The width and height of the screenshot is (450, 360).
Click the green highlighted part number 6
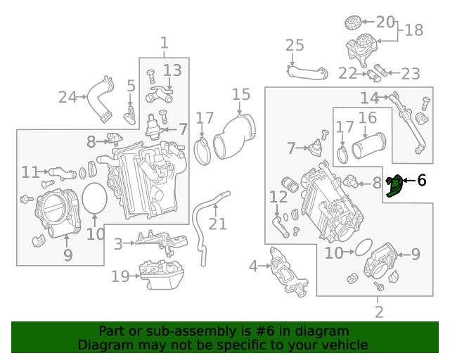click(x=396, y=186)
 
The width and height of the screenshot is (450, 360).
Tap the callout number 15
click(x=241, y=94)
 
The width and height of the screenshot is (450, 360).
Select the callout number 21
click(x=218, y=224)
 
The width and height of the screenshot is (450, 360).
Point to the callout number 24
click(x=67, y=97)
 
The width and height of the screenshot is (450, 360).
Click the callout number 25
click(x=295, y=46)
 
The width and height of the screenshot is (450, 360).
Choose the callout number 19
click(x=120, y=276)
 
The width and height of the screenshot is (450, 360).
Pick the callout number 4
click(x=253, y=266)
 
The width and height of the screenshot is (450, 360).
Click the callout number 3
click(x=118, y=243)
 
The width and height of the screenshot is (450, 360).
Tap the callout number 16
click(x=368, y=117)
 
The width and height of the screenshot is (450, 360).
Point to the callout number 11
click(x=30, y=172)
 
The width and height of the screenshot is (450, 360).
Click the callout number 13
click(x=172, y=70)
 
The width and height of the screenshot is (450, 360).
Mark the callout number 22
click(x=347, y=72)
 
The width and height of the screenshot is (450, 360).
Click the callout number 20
click(x=385, y=22)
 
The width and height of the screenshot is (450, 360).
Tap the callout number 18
click(x=414, y=30)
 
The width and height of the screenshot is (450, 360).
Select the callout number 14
click(x=370, y=97)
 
